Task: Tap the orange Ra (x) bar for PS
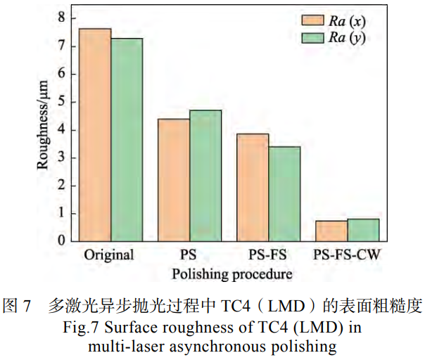[174, 180]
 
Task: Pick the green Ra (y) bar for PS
[205, 176]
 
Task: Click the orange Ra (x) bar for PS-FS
[253, 187]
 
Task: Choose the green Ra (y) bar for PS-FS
[284, 193]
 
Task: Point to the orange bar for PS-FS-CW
[331, 231]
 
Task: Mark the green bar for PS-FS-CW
[363, 230]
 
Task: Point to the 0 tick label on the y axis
[62, 241]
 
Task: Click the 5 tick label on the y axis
[62, 101]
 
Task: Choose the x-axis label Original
[109, 255]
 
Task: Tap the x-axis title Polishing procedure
[229, 274]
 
